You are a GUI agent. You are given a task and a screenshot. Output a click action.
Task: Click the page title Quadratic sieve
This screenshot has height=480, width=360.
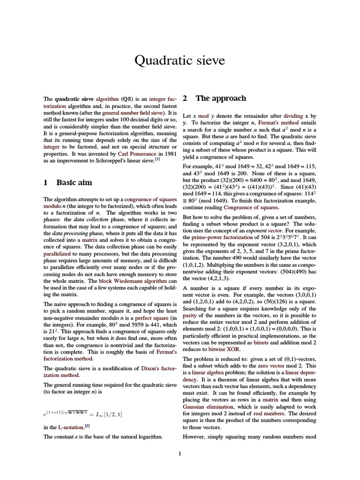180,60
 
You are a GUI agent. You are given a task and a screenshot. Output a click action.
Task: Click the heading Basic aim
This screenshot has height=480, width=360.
74,182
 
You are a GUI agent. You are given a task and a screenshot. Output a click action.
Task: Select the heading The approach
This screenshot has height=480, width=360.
221,98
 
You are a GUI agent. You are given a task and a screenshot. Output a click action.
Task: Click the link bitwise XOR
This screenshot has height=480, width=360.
225,349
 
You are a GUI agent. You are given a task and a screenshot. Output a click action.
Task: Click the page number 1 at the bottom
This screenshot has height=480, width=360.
180,453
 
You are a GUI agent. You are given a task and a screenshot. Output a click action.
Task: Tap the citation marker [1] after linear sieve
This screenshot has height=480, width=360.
157,158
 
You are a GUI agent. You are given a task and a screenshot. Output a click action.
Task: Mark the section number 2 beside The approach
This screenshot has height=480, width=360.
186,98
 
